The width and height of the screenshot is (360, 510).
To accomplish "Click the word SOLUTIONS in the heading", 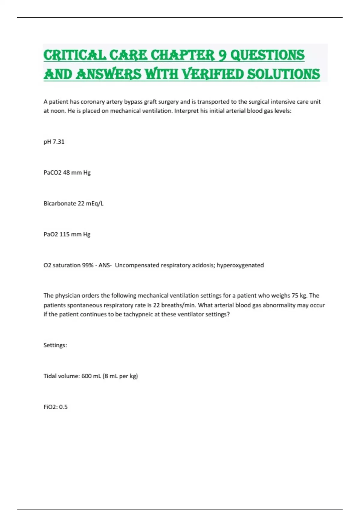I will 283,74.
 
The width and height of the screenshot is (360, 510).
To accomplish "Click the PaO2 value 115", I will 64,234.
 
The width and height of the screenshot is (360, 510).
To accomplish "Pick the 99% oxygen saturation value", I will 87,265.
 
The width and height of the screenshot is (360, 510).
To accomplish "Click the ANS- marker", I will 105,265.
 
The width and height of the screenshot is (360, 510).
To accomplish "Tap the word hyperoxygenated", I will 240,265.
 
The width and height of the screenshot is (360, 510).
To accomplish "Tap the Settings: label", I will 55,345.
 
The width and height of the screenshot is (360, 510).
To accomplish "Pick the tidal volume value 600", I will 86,376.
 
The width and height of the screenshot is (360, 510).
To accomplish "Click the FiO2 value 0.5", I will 63,407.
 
